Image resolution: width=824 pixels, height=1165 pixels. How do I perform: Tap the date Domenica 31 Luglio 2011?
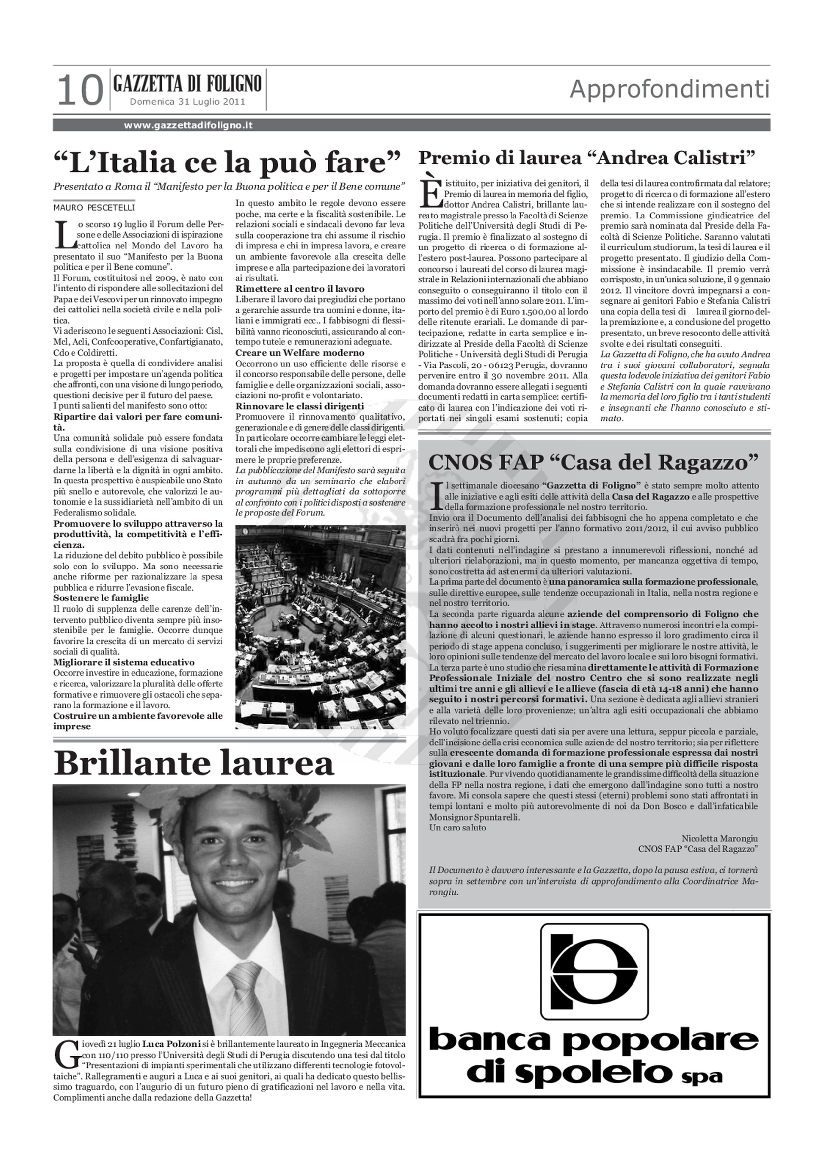coord(187,102)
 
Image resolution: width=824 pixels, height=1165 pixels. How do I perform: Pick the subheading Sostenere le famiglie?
coord(101,598)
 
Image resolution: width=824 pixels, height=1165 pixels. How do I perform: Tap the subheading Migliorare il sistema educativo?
coord(124,662)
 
